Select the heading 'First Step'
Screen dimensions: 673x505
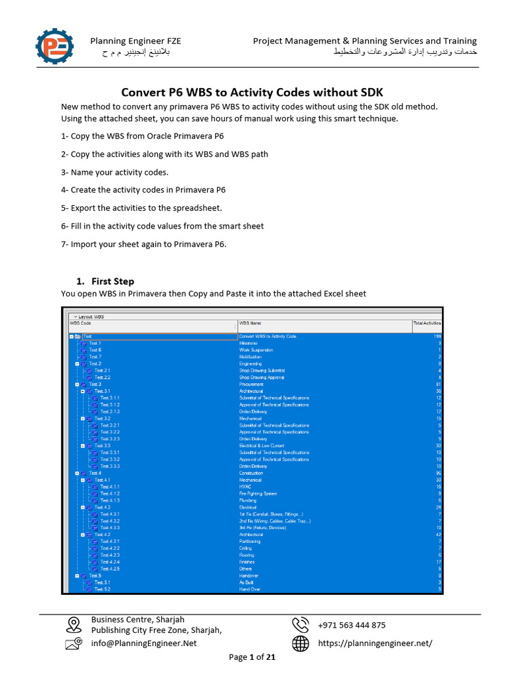point(112,281)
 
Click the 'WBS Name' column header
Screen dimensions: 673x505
point(250,323)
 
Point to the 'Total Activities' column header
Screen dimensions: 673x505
point(427,323)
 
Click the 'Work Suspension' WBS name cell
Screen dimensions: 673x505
point(256,350)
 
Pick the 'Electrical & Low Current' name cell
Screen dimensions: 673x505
point(262,446)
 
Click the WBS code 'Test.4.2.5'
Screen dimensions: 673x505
point(110,569)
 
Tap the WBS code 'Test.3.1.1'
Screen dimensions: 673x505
point(110,398)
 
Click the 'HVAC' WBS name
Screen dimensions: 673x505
point(245,486)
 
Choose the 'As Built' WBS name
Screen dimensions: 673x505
point(248,582)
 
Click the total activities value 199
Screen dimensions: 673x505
point(437,336)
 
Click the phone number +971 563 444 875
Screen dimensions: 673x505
point(352,625)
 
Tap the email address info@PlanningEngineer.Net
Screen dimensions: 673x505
point(143,643)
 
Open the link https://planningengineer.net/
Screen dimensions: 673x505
point(375,643)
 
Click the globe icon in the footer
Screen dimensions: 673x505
point(301,644)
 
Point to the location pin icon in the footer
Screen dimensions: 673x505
point(74,624)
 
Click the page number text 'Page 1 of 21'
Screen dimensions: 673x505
point(252,657)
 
